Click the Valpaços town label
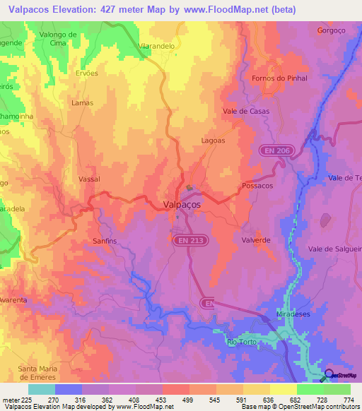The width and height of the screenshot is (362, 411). click(x=177, y=204)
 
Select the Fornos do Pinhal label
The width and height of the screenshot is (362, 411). click(x=280, y=78)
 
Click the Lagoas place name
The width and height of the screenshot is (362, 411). click(x=213, y=141)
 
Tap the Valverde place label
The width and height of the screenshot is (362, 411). click(x=256, y=240)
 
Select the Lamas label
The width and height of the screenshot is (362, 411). click(x=83, y=102)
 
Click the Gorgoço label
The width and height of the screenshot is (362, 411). click(x=332, y=30)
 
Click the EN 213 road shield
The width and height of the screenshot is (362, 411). click(x=189, y=241)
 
